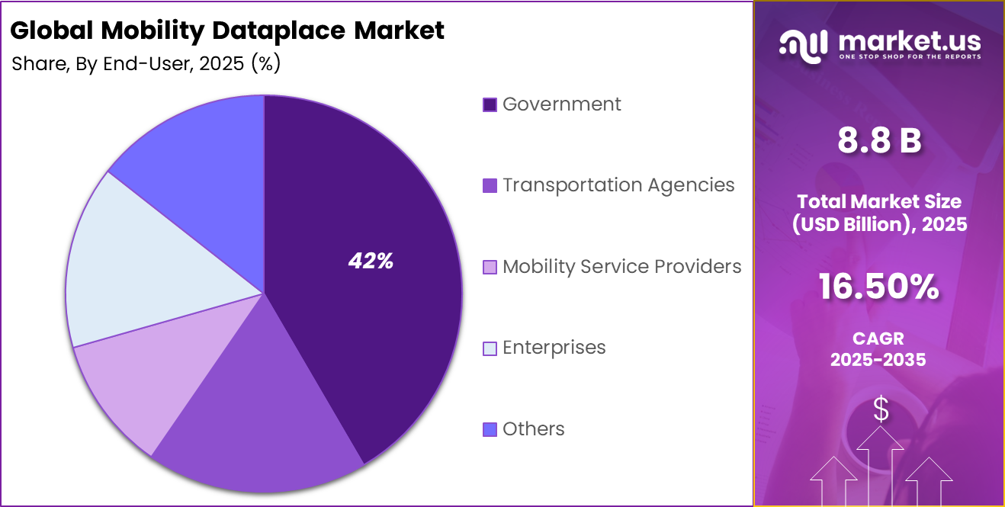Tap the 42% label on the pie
pos(371,262)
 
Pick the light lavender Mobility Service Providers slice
pos(137,381)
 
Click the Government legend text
pos(562,104)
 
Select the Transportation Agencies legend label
pos(618,185)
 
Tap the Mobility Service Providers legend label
pos(621,266)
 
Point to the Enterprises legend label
pos(554,348)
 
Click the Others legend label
pos(534,428)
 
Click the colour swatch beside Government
pos(490,104)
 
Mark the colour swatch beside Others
pos(490,429)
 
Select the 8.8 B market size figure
pos(879,141)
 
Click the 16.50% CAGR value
pos(878,287)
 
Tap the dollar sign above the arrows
pos(881,410)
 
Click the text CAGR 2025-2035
pos(878,349)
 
